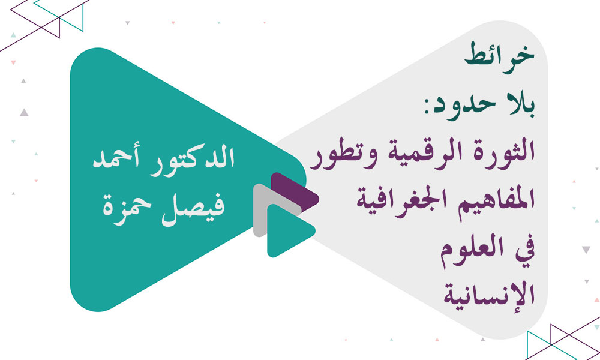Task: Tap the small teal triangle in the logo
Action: pyautogui.click(x=287, y=231)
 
